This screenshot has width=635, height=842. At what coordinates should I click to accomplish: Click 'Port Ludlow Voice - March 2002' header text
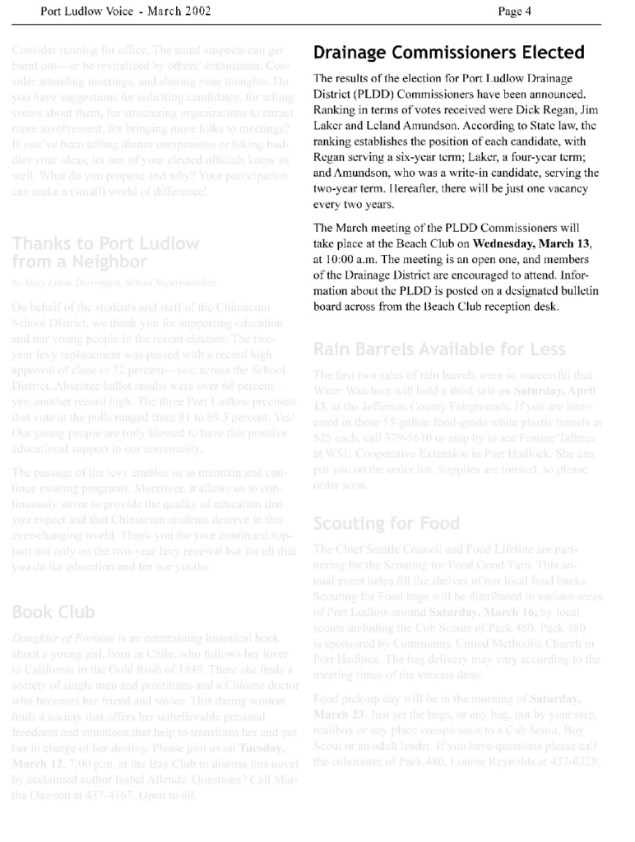point(126,11)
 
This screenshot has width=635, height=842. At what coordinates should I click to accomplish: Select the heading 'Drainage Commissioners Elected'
point(449,53)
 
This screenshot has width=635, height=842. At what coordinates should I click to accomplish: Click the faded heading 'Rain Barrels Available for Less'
point(439,349)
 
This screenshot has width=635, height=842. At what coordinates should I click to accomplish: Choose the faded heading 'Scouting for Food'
point(387,523)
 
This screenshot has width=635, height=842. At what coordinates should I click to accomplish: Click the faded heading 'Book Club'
point(53,612)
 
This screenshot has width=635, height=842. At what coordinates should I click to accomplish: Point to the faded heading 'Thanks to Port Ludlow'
point(105,243)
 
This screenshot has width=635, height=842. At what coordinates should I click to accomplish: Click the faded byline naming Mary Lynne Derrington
point(115,282)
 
